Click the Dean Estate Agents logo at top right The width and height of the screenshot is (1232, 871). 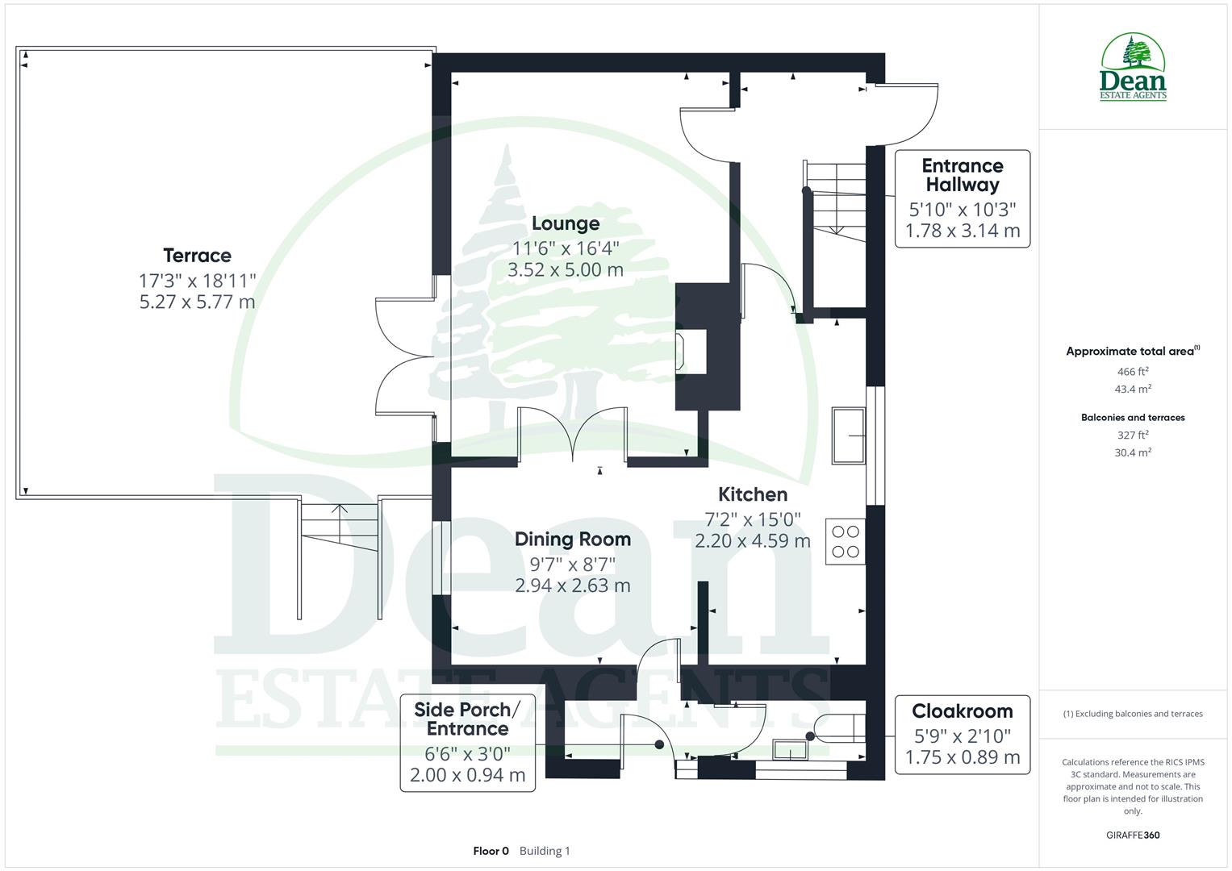pyautogui.click(x=1133, y=68)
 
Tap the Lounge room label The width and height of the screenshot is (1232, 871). pyautogui.click(x=565, y=223)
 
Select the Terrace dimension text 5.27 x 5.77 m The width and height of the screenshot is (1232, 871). pyautogui.click(x=197, y=302)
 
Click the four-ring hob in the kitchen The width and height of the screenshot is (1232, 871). pyautogui.click(x=845, y=541)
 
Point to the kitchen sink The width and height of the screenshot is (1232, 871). pyautogui.click(x=849, y=435)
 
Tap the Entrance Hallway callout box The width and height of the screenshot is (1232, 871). pyautogui.click(x=962, y=198)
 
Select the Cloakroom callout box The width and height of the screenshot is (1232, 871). pyautogui.click(x=962, y=734)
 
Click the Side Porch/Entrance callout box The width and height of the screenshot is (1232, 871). pyautogui.click(x=467, y=742)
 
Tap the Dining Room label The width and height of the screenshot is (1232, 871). pyautogui.click(x=572, y=539)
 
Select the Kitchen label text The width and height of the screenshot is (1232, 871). pyautogui.click(x=752, y=494)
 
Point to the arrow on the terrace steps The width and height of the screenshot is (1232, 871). pyautogui.click(x=339, y=510)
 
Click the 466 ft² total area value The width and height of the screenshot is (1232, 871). pyautogui.click(x=1133, y=372)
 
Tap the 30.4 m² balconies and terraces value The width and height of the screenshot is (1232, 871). pyautogui.click(x=1133, y=452)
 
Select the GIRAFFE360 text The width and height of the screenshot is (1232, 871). pyautogui.click(x=1133, y=835)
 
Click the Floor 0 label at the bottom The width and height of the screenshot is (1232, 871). pyautogui.click(x=491, y=851)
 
